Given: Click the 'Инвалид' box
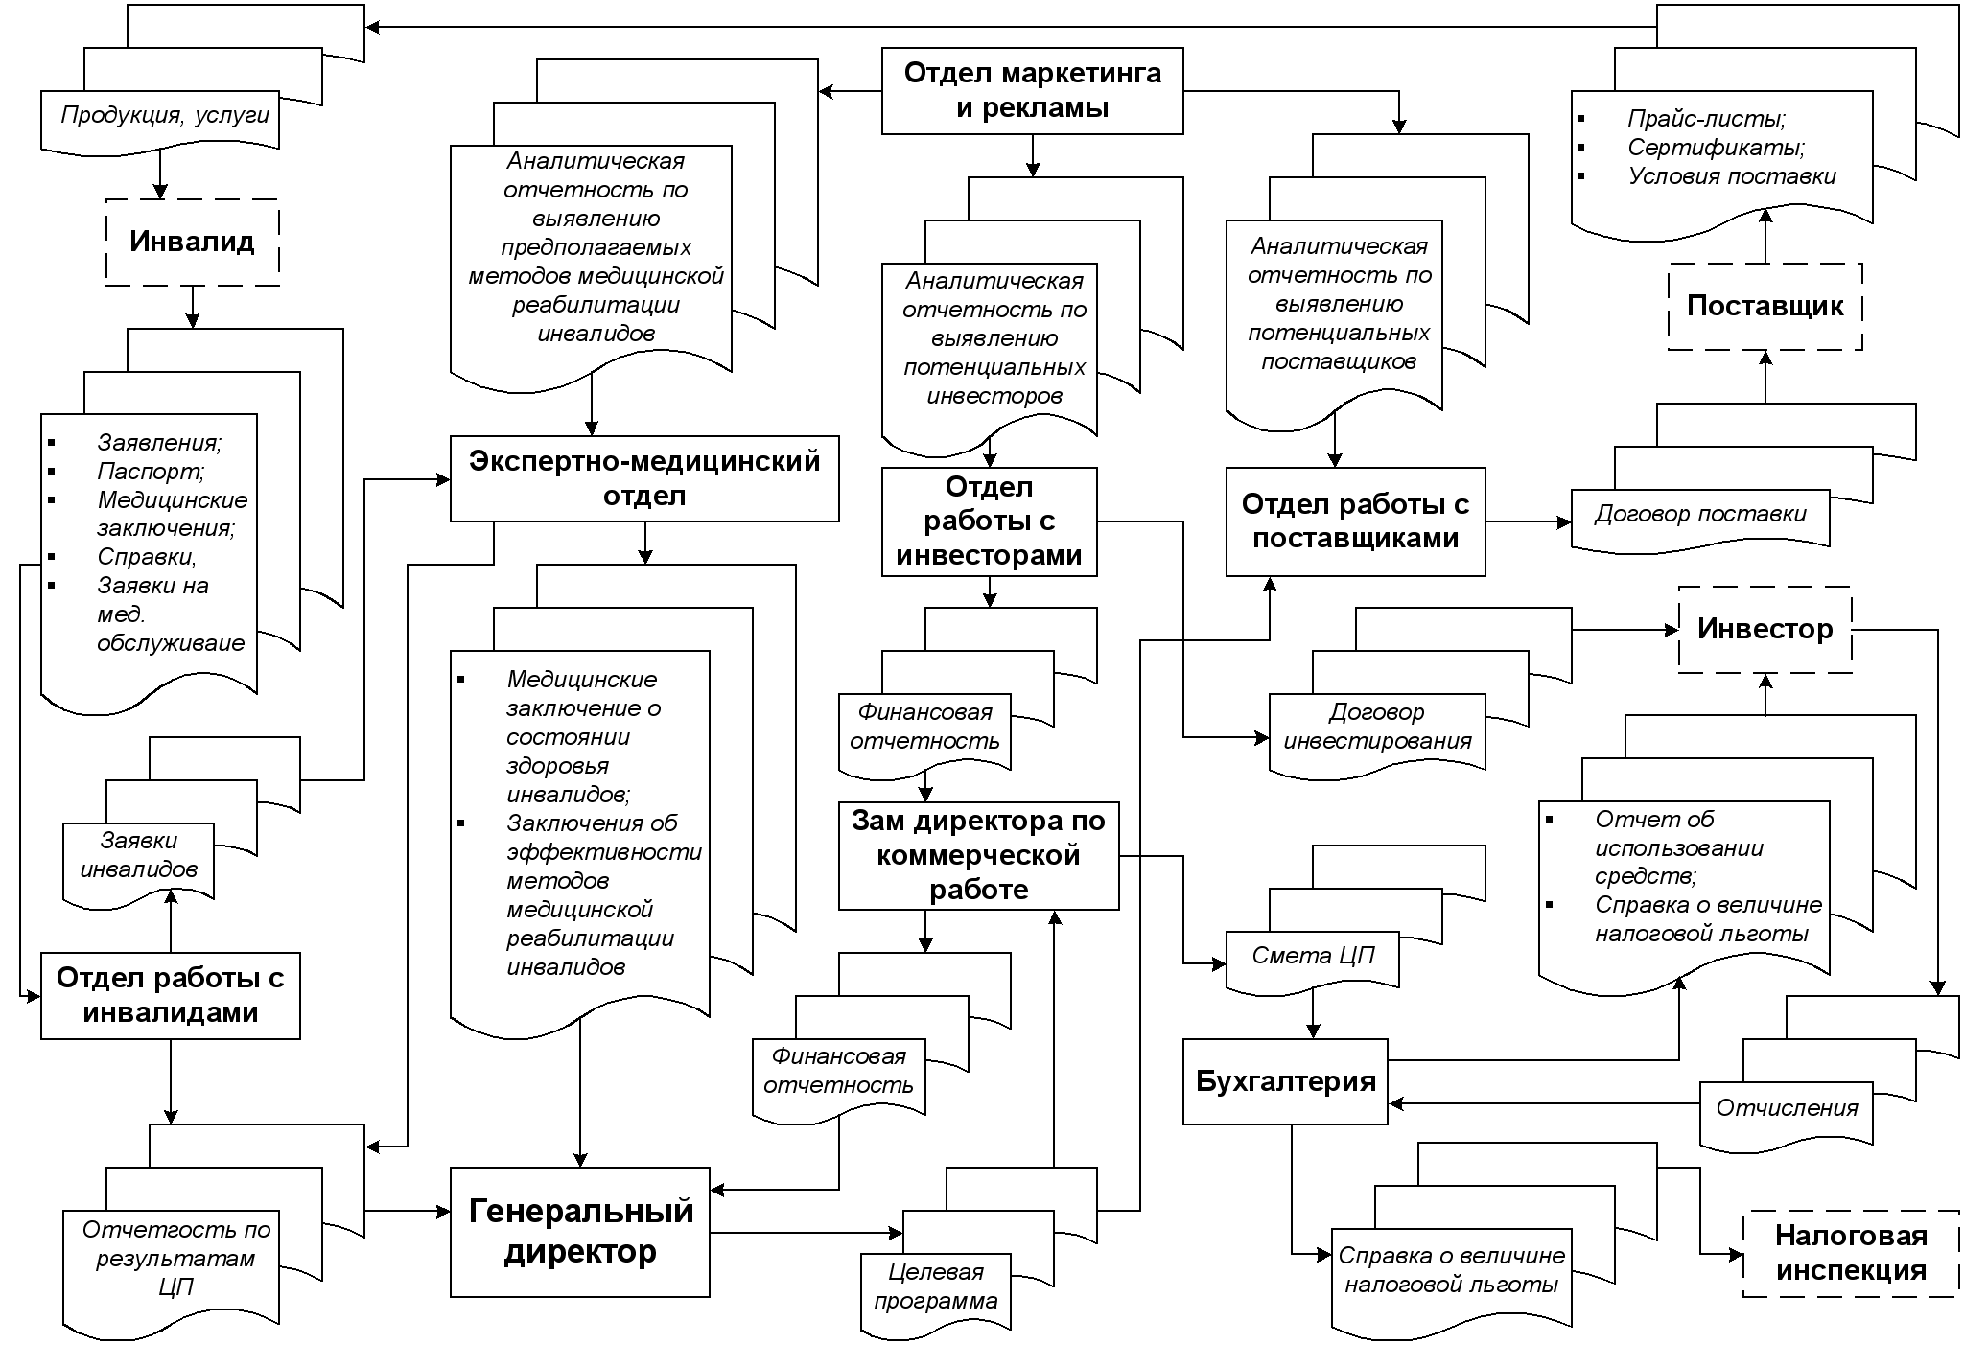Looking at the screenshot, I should tap(192, 242).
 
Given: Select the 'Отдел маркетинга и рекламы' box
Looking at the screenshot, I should tap(1032, 90).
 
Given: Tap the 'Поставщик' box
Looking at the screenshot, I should tap(1765, 306).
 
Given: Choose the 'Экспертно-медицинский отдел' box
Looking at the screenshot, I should tap(644, 478).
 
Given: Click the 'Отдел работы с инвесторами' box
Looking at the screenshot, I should tap(989, 521).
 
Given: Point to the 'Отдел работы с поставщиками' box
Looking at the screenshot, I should tap(1355, 521).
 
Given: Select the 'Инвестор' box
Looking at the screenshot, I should tap(1765, 629).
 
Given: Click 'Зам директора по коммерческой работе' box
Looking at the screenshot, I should tap(978, 855).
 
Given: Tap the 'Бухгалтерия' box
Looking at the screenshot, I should tap(1285, 1081).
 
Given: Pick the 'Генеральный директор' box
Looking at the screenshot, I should tap(580, 1232).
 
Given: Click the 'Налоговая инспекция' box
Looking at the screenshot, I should tap(1851, 1253).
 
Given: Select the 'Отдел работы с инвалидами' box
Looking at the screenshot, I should tap(170, 995).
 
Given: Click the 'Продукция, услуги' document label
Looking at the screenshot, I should tap(165, 116).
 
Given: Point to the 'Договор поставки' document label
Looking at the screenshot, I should tap(1700, 515).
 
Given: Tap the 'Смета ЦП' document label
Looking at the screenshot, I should tap(1313, 956).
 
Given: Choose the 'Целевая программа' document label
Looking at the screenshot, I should tap(936, 1286).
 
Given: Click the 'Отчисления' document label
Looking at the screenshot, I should tap(1787, 1108).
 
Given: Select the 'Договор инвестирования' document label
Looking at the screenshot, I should tap(1377, 727).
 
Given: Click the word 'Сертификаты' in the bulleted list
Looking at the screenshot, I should tap(1716, 148).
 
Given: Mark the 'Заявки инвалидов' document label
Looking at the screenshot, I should tap(139, 855).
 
